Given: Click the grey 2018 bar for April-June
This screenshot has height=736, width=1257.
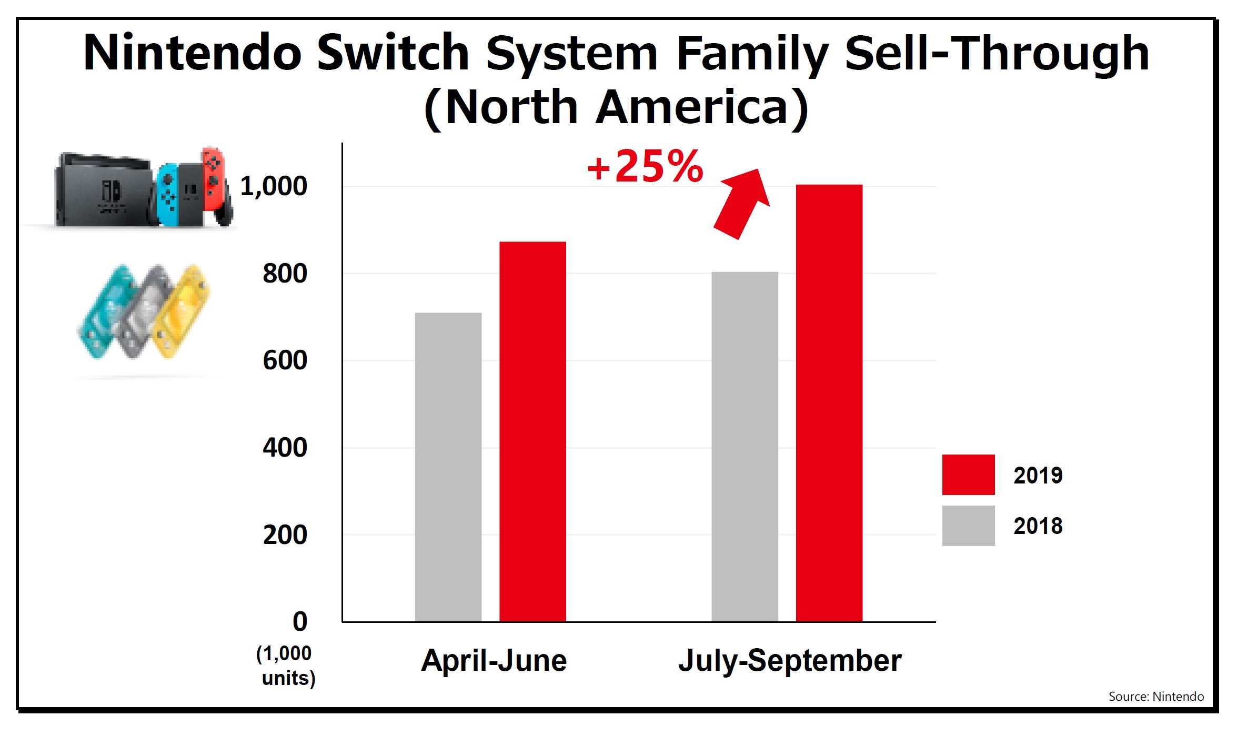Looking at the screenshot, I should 448,467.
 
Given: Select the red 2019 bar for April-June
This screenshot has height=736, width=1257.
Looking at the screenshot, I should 532,431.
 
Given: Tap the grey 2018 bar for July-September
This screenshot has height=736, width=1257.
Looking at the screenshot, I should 745,447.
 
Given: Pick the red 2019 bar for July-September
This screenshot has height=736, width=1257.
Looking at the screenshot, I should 829,403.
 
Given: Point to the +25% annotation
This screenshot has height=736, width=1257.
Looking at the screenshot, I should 645,167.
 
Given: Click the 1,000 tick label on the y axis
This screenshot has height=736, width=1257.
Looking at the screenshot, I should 273,186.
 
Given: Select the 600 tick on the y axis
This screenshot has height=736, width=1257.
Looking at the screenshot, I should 285,361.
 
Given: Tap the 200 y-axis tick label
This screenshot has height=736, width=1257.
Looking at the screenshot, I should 285,535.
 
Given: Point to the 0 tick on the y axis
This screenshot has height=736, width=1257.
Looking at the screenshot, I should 299,622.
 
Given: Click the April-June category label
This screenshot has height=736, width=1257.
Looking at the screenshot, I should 494,661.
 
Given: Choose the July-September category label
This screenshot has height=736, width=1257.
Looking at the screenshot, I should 789,661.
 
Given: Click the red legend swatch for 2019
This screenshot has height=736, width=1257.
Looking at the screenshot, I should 968,475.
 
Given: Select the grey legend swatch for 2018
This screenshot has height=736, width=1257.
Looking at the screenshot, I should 968,526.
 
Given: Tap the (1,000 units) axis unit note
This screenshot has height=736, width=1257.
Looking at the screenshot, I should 286,666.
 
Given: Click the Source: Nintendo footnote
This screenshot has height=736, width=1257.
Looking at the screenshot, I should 1155,697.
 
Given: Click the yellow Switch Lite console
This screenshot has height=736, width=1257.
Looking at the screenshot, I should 182,310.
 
